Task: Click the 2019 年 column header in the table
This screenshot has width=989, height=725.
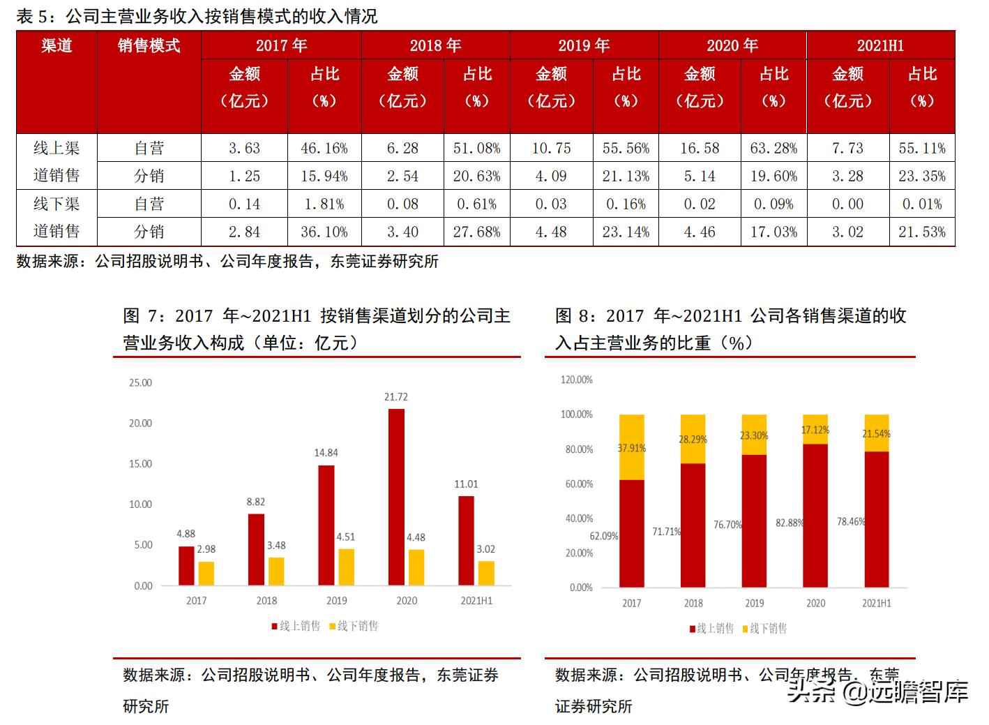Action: pos(584,45)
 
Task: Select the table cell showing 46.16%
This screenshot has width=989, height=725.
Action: pos(324,148)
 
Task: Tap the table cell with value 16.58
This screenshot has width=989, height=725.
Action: pos(700,148)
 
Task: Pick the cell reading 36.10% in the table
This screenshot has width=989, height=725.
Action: pos(324,232)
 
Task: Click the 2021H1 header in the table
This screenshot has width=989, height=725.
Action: pos(880,45)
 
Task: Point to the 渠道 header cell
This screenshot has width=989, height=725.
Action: pos(56,45)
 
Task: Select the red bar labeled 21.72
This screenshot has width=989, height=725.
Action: pos(395,497)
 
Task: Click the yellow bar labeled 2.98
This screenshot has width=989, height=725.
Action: pos(206,573)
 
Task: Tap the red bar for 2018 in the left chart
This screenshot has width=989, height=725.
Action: pos(256,549)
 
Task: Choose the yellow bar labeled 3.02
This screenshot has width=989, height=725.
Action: pos(486,573)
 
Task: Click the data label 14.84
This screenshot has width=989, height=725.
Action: pos(326,453)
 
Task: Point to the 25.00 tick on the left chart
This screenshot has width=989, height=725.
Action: pos(140,382)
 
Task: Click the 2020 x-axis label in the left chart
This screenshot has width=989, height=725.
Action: pos(407,601)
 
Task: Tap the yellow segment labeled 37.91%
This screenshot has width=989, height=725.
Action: pos(632,447)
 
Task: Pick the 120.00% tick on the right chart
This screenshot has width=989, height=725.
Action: pos(577,380)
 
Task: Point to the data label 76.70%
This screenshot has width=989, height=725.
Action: pos(727,525)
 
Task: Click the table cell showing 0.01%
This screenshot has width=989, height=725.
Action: pos(922,204)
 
